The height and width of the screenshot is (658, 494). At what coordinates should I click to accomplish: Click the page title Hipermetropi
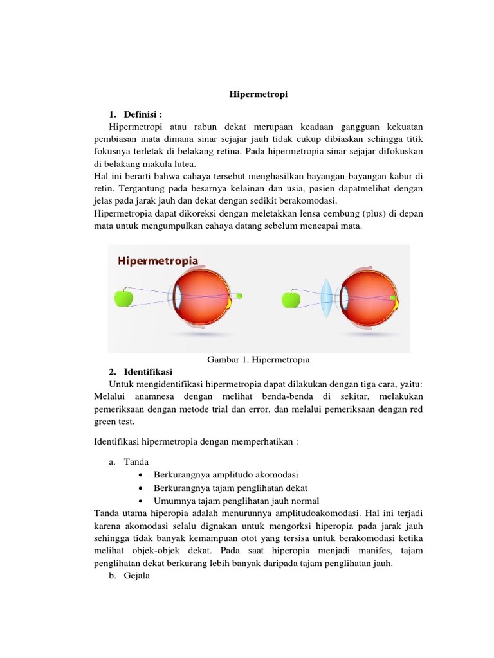[x=259, y=94]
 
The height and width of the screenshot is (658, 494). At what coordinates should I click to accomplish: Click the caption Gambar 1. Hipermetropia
[x=260, y=359]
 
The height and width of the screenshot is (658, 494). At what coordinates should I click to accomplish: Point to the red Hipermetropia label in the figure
[x=158, y=261]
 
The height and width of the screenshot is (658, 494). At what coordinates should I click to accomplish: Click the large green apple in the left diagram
[x=123, y=298]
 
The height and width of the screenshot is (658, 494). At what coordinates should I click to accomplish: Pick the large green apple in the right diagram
[x=292, y=298]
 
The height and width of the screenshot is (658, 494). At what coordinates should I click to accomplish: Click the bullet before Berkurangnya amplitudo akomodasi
[x=141, y=475]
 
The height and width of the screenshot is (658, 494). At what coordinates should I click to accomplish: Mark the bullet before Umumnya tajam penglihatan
[x=141, y=501]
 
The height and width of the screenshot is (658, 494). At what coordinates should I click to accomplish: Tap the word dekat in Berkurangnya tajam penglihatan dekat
[x=289, y=488]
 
